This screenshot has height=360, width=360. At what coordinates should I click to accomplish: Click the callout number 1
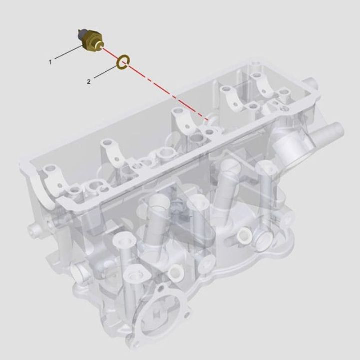coord(50,62)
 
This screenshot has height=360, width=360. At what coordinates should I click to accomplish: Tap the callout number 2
coord(89,81)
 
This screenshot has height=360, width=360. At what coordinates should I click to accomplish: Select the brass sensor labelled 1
coord(89,40)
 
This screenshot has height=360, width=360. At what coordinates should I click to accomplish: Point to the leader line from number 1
coord(67,53)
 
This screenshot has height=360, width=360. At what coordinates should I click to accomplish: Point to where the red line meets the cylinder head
coord(207,119)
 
